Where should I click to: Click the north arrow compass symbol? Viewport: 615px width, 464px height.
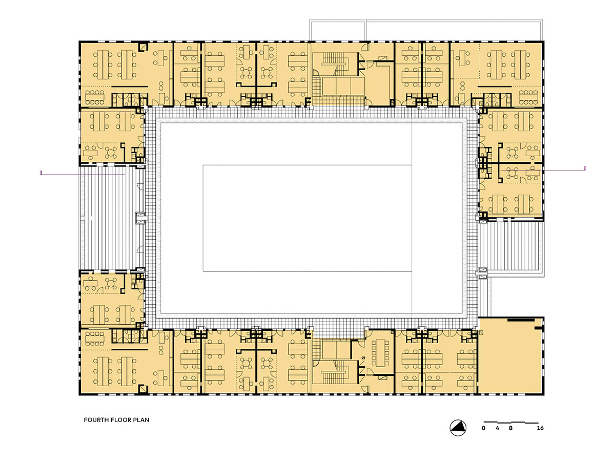[458, 428]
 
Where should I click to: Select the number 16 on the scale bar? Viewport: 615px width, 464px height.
[540, 428]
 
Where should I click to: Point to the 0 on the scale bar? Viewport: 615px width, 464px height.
[483, 428]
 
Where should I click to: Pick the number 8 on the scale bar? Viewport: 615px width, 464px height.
[510, 428]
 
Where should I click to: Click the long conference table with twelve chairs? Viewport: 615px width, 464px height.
[380, 353]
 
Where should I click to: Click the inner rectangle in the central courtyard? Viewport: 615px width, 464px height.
[307, 218]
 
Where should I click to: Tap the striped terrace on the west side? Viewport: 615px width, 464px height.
[112, 218]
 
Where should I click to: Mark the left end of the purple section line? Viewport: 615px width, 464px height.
[41, 173]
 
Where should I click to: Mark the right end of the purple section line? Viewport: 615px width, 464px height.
[585, 168]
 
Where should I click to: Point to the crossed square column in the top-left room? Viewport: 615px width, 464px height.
[143, 47]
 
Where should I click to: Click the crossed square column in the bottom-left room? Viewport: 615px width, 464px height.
[143, 389]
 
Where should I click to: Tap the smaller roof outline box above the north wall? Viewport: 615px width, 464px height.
[338, 30]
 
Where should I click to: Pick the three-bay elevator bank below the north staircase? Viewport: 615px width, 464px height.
[343, 86]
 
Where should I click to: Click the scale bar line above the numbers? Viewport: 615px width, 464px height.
[511, 423]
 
